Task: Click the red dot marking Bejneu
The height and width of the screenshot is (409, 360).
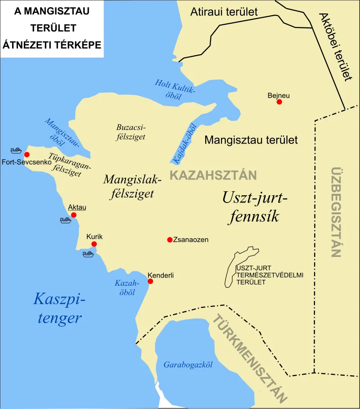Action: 279,102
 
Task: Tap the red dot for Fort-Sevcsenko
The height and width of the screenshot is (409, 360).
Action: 27,154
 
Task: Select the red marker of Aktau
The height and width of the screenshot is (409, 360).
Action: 74,215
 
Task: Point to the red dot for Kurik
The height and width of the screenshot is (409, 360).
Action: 94,244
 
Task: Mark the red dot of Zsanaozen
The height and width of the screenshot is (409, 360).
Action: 170,240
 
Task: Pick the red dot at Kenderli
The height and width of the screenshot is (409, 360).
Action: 150,282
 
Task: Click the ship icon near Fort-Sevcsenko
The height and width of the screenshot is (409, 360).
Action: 17,150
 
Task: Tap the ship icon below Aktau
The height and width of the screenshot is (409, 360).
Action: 66,220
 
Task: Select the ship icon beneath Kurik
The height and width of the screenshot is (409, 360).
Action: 88,254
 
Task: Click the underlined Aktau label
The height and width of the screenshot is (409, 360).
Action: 77,207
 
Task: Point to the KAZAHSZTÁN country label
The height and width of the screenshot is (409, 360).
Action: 213,175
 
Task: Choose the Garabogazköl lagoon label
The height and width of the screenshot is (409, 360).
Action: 188,364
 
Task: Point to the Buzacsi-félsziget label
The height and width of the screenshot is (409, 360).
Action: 130,132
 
